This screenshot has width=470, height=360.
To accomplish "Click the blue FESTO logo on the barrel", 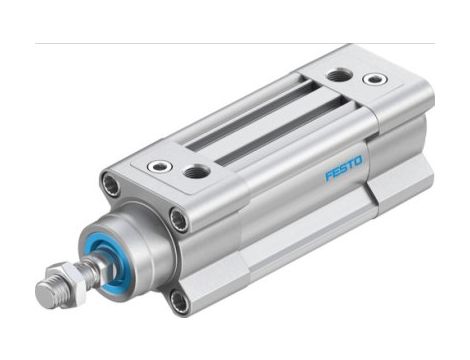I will pyautogui.click(x=344, y=168).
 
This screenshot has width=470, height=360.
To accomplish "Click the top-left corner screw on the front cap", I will pyautogui.click(x=111, y=184).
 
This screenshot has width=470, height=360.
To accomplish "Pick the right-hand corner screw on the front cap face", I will pyautogui.click(x=178, y=219).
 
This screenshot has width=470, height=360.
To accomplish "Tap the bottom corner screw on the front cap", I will pyautogui.click(x=177, y=299).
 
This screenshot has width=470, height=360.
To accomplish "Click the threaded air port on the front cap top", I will pyautogui.click(x=197, y=172).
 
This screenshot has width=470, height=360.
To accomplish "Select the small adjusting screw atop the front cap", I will pyautogui.click(x=156, y=166).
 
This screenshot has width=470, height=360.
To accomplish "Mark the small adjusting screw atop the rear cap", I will pyautogui.click(x=375, y=79).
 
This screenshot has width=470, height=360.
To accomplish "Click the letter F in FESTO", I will pyautogui.click(x=328, y=176).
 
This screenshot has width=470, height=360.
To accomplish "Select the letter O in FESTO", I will pyautogui.click(x=360, y=160).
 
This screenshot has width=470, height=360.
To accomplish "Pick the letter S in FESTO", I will pyautogui.click(x=344, y=168).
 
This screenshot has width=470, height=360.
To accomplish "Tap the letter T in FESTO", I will pyautogui.click(x=351, y=164).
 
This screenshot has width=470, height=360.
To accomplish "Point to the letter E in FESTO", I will pyautogui.click(x=336, y=172).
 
